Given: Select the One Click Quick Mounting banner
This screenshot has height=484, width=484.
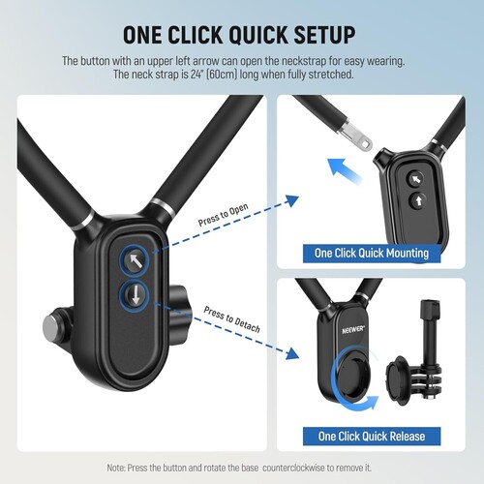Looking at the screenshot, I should (x=371, y=253).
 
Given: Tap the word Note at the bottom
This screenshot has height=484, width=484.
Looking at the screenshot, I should (x=119, y=468).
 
